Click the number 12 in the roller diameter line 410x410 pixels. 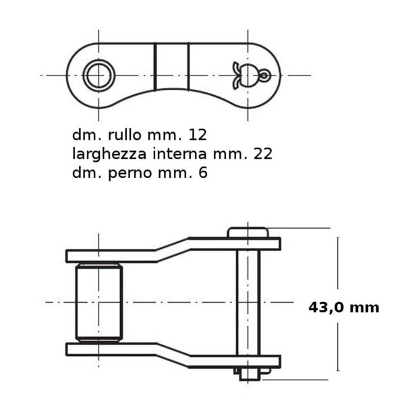click(198, 135)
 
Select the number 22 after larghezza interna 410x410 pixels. click(263, 154)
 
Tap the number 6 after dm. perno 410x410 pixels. click(203, 173)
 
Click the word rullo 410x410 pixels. click(125, 135)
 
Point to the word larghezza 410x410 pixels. click(109, 154)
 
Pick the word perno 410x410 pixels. click(130, 173)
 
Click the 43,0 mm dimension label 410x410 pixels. click(344, 307)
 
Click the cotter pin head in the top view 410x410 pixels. click(246, 76)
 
